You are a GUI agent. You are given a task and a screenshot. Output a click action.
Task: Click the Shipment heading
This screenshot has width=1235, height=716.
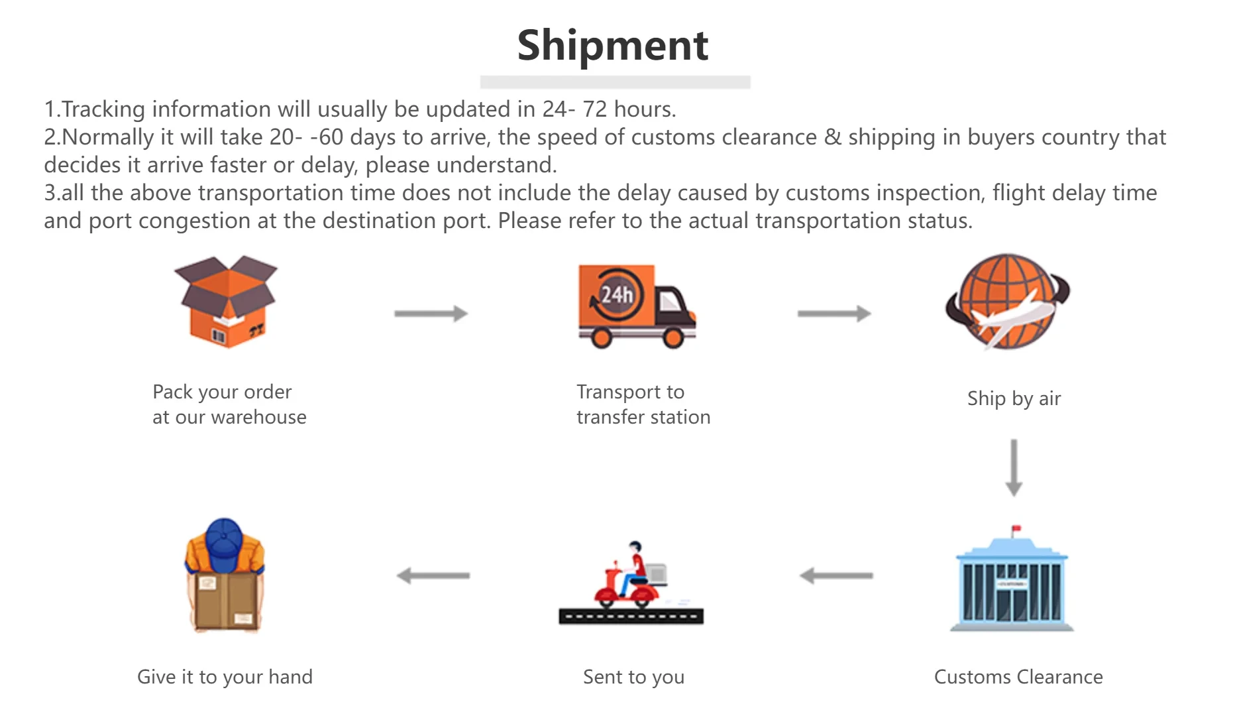tap(613, 46)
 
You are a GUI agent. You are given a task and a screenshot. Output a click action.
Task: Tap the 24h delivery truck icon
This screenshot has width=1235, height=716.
tap(636, 306)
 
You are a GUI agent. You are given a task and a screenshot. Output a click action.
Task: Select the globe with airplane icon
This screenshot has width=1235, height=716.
tap(1007, 302)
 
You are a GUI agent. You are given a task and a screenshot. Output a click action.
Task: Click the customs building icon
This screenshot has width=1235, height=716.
tap(1011, 583)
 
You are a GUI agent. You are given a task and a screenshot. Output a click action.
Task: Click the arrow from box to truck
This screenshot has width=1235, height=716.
tap(431, 314)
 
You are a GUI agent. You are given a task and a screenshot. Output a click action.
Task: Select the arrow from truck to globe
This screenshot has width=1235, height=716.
tap(833, 314)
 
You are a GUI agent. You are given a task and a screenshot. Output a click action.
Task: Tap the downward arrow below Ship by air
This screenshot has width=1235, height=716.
tap(1014, 467)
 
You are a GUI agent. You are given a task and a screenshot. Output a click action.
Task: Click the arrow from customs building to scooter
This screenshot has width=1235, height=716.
tap(836, 575)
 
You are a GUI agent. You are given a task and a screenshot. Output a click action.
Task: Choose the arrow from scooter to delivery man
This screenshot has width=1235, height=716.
tap(433, 575)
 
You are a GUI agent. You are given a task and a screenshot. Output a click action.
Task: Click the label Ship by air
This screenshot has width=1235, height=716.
tap(1014, 398)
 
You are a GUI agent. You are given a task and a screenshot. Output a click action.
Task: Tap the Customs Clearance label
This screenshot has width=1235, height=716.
tap(1018, 677)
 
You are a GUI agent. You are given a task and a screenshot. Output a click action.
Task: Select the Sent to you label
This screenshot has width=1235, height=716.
tap(633, 677)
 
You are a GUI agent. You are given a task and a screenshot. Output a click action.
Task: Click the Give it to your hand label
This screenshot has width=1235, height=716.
tap(225, 677)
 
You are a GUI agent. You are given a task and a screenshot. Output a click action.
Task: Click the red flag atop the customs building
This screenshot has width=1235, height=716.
tap(1016, 528)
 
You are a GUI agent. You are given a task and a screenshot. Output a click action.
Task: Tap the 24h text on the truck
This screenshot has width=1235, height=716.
tap(616, 294)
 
